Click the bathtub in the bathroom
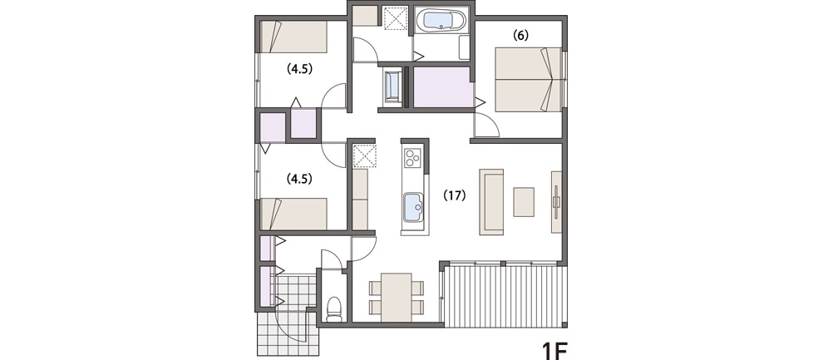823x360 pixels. click(441, 21)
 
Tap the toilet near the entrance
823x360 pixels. click(334, 308)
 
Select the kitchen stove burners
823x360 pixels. click(412, 157)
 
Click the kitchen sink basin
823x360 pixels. click(412, 207)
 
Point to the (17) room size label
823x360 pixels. click(455, 195)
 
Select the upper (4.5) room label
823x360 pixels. click(299, 68)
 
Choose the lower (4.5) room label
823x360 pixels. click(299, 179)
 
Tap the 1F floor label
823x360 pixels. click(555, 350)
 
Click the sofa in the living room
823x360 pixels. click(491, 201)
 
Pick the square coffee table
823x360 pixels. click(524, 201)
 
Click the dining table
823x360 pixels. click(397, 297)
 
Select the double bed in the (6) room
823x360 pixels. click(529, 79)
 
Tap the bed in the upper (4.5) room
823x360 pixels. click(294, 37)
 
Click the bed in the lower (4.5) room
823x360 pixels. click(294, 214)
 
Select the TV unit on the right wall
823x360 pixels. click(556, 201)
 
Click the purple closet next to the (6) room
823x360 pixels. click(441, 87)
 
